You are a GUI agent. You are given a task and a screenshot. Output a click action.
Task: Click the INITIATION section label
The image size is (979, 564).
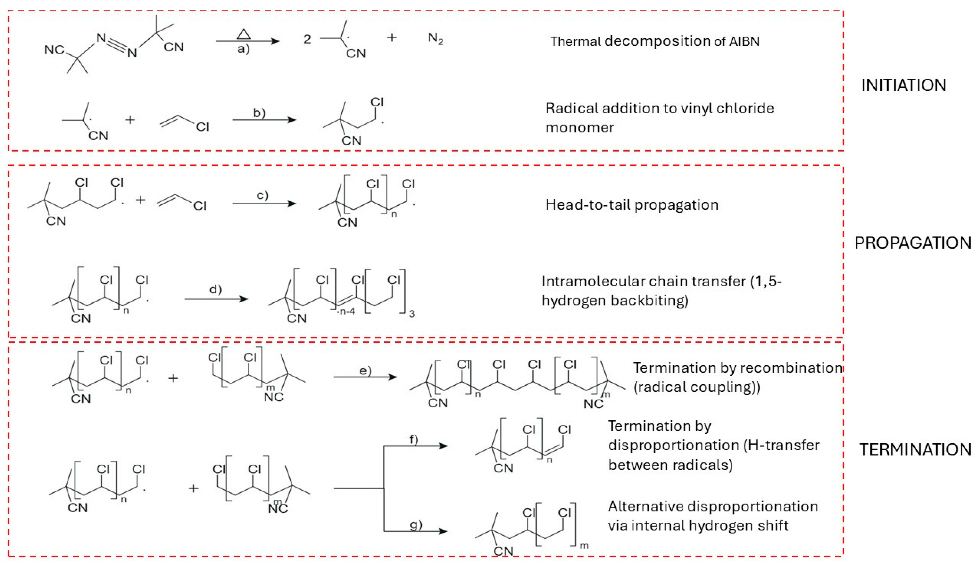coord(903,85)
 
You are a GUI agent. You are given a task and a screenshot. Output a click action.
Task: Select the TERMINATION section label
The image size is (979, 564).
coord(915,449)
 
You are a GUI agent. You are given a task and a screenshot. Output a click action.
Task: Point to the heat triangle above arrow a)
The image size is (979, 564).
coord(243,35)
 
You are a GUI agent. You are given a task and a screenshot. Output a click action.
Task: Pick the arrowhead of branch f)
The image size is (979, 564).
coord(443,446)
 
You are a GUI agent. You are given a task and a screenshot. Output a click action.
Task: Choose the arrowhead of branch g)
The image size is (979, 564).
coord(443,531)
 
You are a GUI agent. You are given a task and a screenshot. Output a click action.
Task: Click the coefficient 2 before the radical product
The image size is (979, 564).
coord(307,39)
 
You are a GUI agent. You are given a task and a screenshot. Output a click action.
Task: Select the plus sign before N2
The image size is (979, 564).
coord(392,37)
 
